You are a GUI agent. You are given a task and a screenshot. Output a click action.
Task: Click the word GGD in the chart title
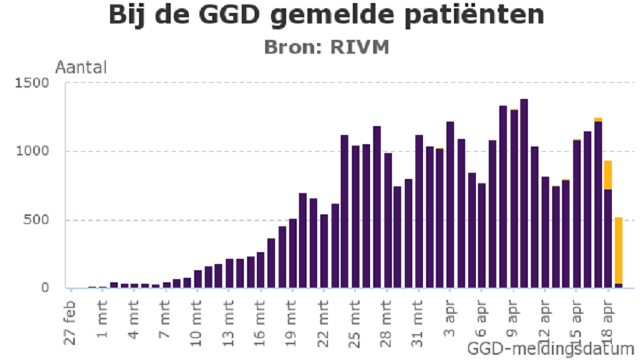(224, 14)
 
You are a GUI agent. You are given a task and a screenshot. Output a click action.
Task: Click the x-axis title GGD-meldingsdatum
(551, 349)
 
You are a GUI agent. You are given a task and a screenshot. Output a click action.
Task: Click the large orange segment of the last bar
(619, 250)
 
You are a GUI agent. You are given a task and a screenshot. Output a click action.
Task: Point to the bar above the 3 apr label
(450, 205)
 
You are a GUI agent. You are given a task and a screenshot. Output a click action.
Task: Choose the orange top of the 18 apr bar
(607, 175)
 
